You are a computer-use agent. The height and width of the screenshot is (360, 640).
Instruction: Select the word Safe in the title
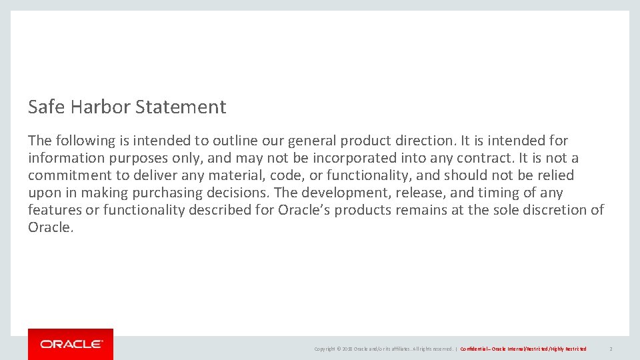(43, 107)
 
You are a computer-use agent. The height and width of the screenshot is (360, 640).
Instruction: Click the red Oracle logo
(71, 344)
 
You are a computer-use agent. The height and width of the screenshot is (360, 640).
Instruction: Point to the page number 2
(611, 349)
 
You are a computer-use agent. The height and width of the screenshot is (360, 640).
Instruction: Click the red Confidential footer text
(523, 349)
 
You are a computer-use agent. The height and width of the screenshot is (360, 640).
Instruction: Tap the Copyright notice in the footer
(383, 349)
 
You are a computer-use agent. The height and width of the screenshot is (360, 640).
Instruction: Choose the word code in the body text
(285, 175)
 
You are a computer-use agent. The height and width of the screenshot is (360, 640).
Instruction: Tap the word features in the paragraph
(53, 210)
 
